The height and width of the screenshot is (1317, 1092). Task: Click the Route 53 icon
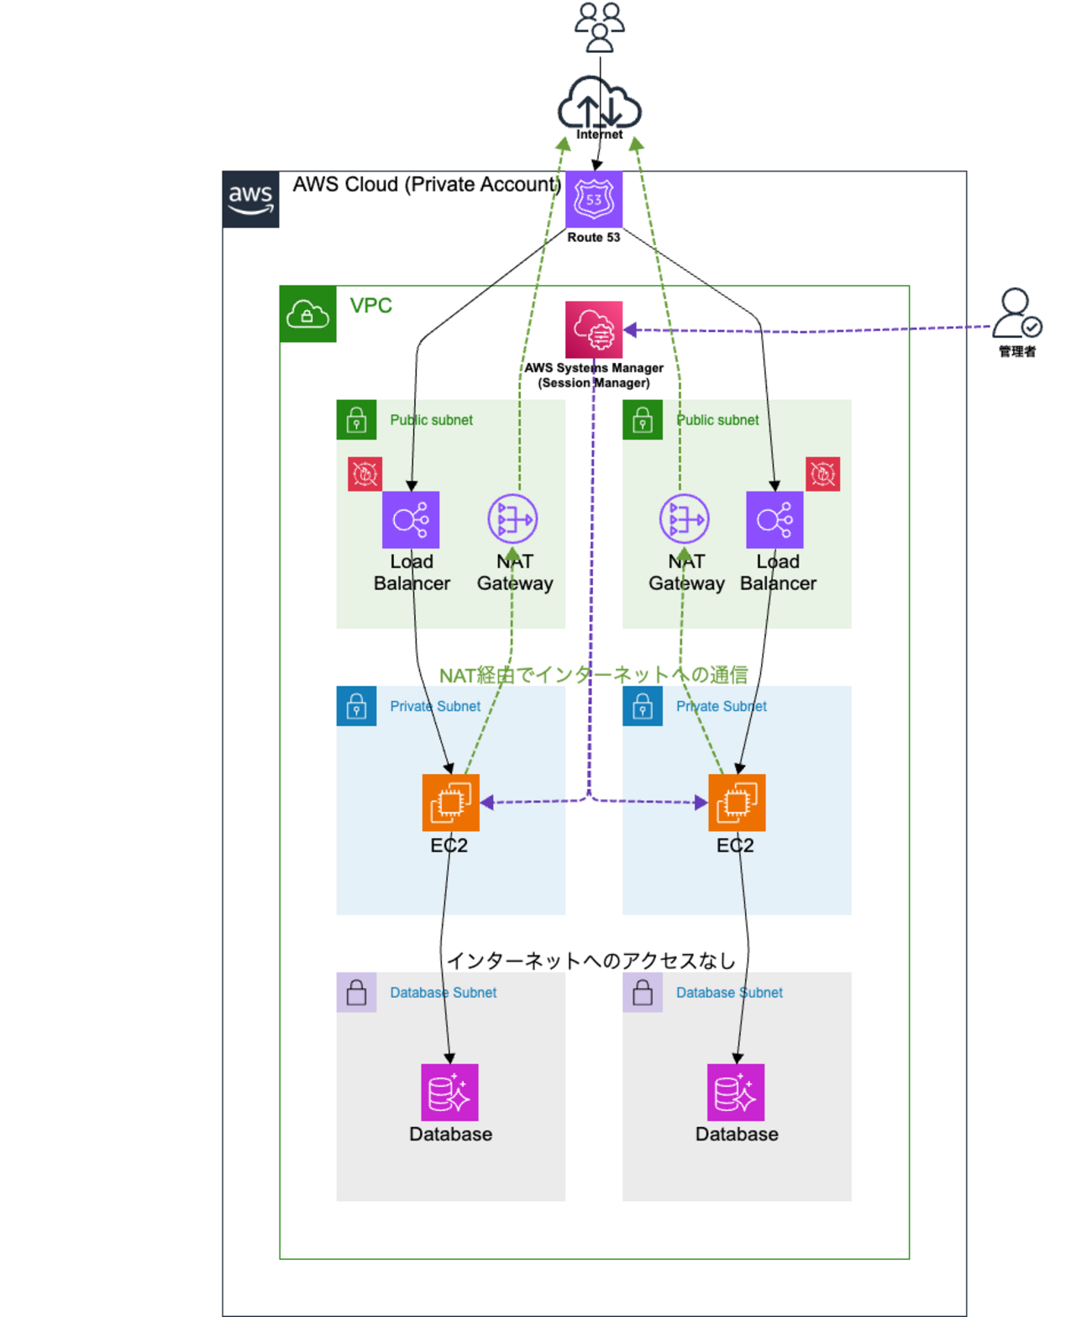593,199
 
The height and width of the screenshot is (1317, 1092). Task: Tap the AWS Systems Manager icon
593,329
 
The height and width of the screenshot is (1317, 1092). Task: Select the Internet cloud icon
599,103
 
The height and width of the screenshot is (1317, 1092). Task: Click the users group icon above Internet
599,27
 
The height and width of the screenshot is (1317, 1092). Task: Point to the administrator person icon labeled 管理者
1016,313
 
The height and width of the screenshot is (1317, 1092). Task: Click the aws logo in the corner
250,199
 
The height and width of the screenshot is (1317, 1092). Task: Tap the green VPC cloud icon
307,313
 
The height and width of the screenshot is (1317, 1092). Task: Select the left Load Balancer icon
411,519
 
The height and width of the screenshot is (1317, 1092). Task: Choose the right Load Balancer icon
774,519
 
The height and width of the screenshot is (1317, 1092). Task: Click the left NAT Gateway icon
512,519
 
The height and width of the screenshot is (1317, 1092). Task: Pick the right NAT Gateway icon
684,519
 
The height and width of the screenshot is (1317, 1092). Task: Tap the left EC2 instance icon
451,803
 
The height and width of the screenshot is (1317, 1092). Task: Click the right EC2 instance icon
737,803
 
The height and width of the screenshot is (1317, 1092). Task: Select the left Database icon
449,1093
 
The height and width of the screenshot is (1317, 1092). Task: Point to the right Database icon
736,1093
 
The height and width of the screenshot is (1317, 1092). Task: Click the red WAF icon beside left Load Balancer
365,474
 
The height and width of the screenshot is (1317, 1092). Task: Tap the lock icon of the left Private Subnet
356,706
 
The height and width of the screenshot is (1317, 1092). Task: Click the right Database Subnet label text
729,993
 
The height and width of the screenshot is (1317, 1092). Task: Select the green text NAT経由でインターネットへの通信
593,675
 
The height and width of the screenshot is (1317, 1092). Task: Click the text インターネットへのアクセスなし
591,961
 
